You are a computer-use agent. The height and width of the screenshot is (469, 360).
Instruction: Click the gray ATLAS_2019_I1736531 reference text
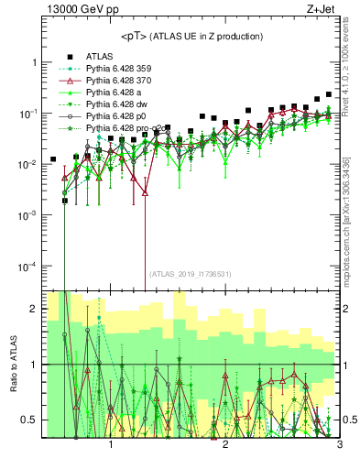[191, 274]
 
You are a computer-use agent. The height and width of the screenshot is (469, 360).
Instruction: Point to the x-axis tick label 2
[225, 446]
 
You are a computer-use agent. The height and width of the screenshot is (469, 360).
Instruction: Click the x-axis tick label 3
[338, 446]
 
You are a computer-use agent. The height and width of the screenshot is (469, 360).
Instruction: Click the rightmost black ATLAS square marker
[329, 94]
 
